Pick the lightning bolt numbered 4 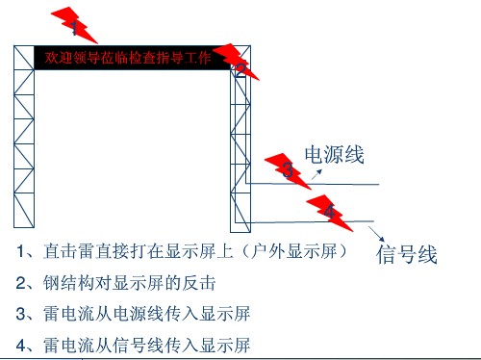(x=330, y=213)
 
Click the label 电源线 (x=334, y=155)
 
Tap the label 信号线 (x=407, y=254)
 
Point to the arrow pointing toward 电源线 (x=316, y=174)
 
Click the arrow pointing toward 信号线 (x=376, y=234)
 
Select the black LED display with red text (x=133, y=58)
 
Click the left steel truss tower (x=24, y=137)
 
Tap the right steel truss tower (x=240, y=139)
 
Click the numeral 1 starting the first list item (x=20, y=251)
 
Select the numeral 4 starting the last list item (x=21, y=346)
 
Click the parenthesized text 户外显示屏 (x=293, y=251)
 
